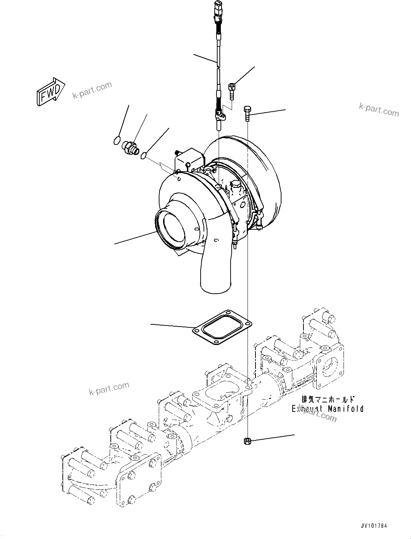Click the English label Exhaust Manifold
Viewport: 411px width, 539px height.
click(x=327, y=409)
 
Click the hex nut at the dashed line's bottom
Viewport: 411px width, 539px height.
click(x=247, y=441)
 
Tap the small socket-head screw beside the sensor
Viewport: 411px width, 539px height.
click(x=232, y=90)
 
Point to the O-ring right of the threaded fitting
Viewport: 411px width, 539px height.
click(x=144, y=155)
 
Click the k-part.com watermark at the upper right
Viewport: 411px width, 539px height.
click(x=379, y=110)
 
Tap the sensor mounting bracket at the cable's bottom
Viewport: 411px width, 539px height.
click(x=220, y=116)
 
